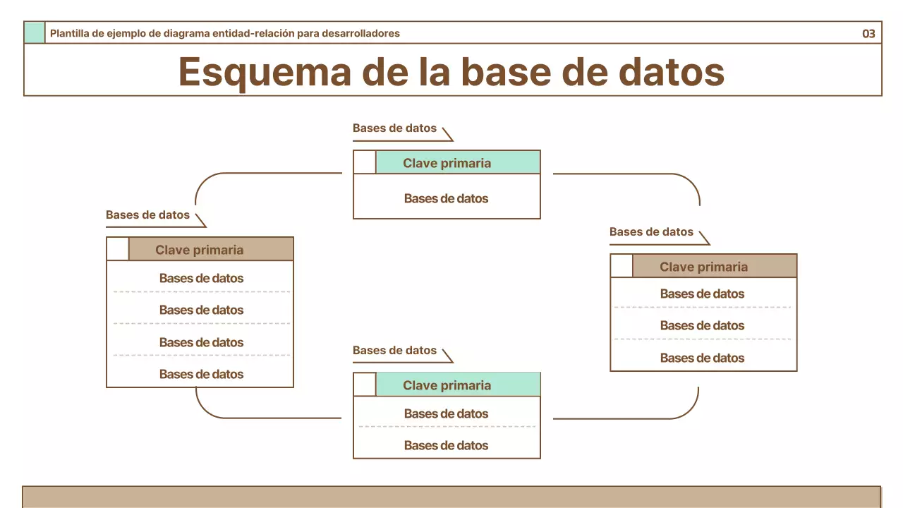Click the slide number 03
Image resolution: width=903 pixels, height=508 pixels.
coord(868,33)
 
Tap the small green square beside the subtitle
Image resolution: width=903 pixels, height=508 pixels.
coord(34,32)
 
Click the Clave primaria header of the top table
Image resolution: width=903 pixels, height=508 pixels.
coord(457,163)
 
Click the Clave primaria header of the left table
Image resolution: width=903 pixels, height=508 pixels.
coord(210,250)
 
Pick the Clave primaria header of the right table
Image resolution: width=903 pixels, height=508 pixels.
coord(714,267)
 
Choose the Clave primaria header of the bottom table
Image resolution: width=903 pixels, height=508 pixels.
coord(457,385)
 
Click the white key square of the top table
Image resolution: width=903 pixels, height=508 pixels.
coord(365,162)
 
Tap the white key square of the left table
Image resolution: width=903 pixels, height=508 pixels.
coord(118,249)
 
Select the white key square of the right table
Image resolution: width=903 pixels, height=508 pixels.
coord(622,266)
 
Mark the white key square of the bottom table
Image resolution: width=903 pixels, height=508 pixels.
coord(365,385)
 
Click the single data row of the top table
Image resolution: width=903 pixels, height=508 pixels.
coord(446,198)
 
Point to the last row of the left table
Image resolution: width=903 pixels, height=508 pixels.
coord(201,374)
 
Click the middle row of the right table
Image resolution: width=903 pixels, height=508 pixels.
coord(702,325)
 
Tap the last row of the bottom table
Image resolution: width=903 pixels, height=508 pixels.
coord(446,445)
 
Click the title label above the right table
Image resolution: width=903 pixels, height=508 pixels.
coord(651,232)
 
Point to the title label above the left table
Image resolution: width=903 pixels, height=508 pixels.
coord(147,215)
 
